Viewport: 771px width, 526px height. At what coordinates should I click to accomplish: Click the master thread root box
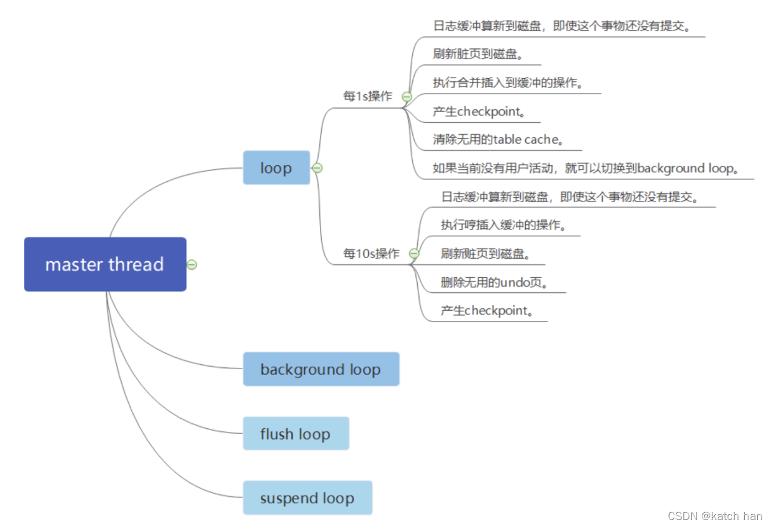pos(105,264)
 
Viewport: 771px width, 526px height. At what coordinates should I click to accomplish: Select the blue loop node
pos(276,168)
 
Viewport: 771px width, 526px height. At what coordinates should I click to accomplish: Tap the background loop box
pos(320,369)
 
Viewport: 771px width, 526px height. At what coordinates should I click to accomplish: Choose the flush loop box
pos(295,434)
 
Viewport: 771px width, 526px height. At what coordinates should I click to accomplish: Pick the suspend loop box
pos(307,498)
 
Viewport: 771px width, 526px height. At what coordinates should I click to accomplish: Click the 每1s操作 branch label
pos(368,96)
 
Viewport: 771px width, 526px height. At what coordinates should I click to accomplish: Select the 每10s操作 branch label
pos(371,253)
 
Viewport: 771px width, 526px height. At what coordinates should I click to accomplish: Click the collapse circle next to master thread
pos(192,265)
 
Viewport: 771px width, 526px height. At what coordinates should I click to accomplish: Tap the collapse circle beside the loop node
pos(317,168)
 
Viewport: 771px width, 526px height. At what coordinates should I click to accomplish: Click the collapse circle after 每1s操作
pos(406,96)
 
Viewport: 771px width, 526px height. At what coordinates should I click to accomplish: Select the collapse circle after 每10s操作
pos(414,253)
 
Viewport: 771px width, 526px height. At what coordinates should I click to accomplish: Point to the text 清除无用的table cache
pos(499,140)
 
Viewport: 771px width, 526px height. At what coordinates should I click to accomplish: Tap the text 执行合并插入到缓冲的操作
pos(508,83)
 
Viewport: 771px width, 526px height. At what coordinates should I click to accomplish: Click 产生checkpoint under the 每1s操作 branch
pos(479,112)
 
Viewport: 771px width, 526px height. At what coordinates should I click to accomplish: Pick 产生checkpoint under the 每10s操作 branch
pos(486,311)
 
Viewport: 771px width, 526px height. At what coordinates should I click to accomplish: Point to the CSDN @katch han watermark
pos(715,516)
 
